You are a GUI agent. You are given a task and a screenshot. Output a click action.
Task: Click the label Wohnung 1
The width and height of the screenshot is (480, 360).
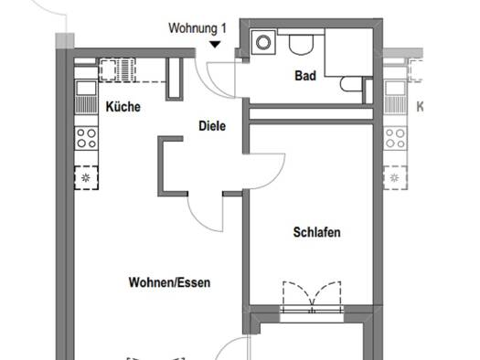197,28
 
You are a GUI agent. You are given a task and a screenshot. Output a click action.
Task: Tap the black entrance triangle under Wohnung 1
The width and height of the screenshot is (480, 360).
214,43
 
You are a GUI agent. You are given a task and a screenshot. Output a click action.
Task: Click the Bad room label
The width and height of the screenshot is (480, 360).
305,76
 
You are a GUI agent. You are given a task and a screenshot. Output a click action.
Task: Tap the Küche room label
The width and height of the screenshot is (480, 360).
123,107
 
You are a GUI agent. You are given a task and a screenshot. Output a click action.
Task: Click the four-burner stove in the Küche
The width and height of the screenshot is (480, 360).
86,138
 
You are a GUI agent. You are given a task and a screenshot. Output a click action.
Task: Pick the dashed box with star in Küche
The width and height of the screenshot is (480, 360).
86,176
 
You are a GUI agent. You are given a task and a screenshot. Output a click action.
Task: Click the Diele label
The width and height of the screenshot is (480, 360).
211,126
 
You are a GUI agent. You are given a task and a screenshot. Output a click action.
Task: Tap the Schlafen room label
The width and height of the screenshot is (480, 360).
316,233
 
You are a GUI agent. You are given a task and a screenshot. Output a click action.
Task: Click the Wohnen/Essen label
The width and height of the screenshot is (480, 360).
169,283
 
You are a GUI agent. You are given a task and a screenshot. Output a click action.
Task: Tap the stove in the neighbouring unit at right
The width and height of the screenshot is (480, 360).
395,138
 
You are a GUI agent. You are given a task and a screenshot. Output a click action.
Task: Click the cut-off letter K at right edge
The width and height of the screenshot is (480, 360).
421,107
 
